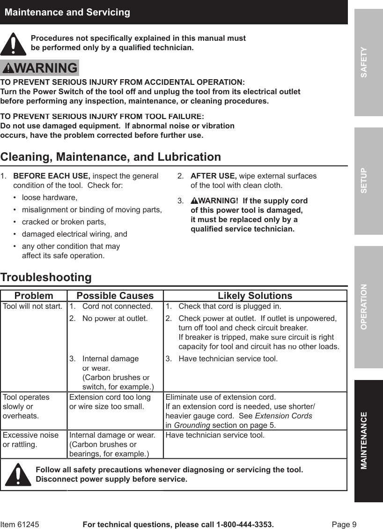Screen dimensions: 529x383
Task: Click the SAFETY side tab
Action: (368, 62)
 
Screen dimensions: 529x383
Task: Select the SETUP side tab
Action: (368, 180)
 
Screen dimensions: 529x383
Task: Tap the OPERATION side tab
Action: (368, 307)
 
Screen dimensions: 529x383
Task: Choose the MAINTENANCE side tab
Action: (368, 440)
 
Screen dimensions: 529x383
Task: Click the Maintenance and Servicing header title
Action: (67, 12)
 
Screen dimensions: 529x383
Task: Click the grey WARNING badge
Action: (40, 68)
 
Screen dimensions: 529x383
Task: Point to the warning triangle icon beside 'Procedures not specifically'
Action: (14, 44)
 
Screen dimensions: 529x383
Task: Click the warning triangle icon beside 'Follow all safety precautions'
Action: (18, 474)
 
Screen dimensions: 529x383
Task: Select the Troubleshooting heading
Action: (46, 277)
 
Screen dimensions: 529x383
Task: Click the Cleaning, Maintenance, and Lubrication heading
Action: (110, 156)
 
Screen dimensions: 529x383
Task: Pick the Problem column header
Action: (34, 296)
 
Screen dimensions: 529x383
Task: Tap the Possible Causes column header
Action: (115, 296)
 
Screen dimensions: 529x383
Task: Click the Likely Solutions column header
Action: (255, 296)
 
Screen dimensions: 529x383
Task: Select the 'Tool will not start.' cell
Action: (33, 306)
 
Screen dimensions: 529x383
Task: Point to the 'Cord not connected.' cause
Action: (117, 306)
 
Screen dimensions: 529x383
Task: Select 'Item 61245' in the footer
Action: (20, 524)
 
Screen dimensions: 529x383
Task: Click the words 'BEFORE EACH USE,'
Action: (52, 176)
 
